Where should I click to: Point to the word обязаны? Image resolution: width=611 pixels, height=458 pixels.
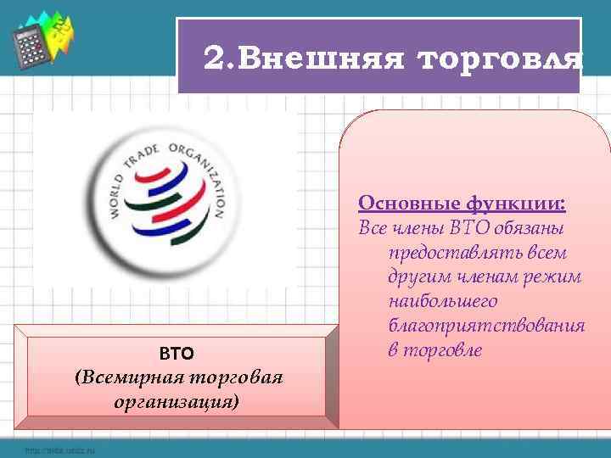point(537,229)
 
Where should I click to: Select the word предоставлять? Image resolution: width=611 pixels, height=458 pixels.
point(439,254)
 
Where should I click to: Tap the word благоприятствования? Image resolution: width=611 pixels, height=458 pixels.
point(486,327)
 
